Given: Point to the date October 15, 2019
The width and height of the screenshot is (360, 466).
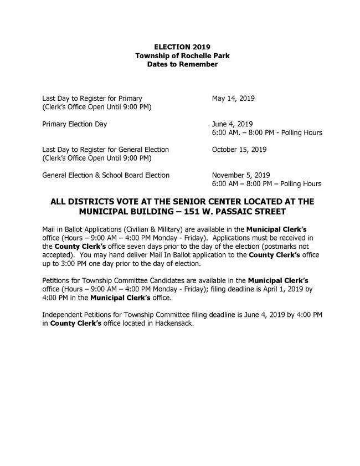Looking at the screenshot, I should pos(239,150).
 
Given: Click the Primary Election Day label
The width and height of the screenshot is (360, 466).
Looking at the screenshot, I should pos(75,124).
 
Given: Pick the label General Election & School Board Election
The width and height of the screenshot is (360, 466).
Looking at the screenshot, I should pos(106,176).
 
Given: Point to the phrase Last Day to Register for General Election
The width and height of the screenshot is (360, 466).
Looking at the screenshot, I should pos(105,150).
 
